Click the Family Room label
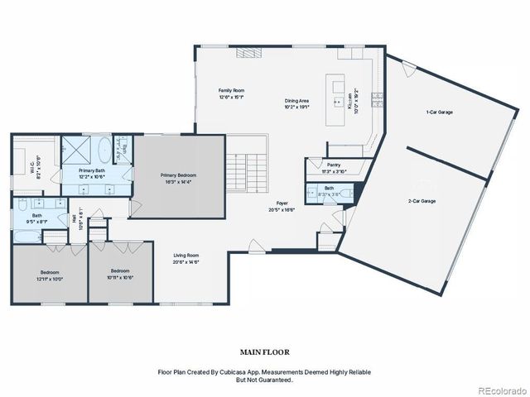231,90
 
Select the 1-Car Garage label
439,112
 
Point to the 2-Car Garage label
422,201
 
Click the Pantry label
334,165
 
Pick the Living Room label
186,256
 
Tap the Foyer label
282,203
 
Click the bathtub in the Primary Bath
104,152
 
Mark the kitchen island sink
338,103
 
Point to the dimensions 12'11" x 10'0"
50,278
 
